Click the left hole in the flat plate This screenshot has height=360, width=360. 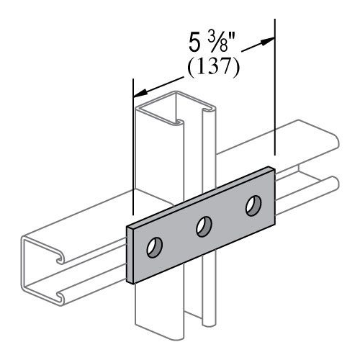(154, 249)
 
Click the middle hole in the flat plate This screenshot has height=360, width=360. (203, 227)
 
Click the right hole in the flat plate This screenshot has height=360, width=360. (252, 206)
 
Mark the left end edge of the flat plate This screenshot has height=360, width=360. (130, 252)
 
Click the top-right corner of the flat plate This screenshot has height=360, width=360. (272, 168)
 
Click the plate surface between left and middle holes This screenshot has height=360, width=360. (179, 238)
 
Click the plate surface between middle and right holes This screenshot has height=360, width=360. (228, 216)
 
